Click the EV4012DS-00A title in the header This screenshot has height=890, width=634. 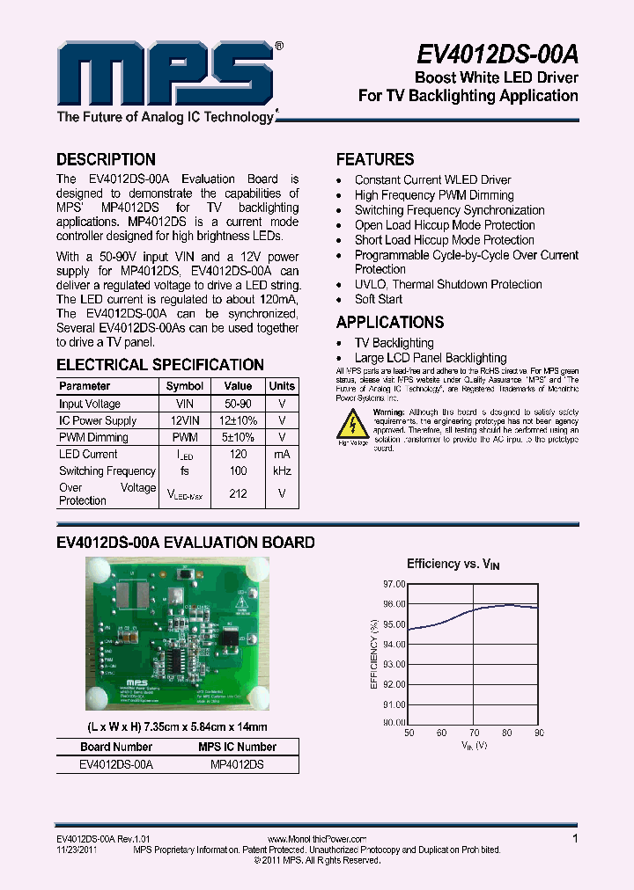click(x=498, y=55)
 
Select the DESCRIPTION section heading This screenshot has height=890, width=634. click(x=106, y=159)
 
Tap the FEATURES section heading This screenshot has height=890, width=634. click(x=375, y=159)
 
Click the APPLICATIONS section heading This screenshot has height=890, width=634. click(x=390, y=322)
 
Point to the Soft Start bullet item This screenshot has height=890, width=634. click(x=379, y=299)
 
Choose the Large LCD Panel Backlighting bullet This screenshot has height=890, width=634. click(x=431, y=358)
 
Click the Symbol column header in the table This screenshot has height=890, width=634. click(x=185, y=386)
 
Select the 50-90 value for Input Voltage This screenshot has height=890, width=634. click(x=238, y=404)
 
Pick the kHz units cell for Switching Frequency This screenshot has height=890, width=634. click(x=282, y=471)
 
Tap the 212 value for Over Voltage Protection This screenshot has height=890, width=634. click(x=238, y=493)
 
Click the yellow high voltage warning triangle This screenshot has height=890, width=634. click(x=353, y=426)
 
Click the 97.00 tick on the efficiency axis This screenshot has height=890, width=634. click(x=394, y=584)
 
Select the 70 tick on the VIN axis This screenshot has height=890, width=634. click(x=475, y=733)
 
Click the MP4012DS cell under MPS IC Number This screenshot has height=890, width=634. click(x=238, y=764)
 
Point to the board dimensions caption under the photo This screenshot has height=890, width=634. click(x=177, y=727)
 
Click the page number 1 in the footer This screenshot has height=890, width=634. click(x=575, y=839)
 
